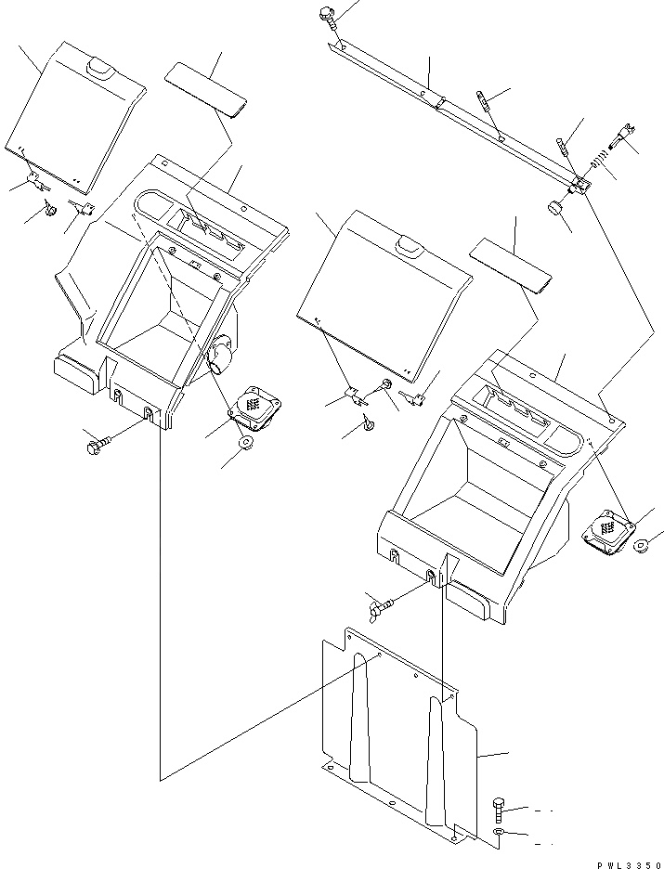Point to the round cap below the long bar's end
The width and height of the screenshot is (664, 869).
click(x=553, y=208)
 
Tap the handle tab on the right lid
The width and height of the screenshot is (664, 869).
click(x=408, y=245)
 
